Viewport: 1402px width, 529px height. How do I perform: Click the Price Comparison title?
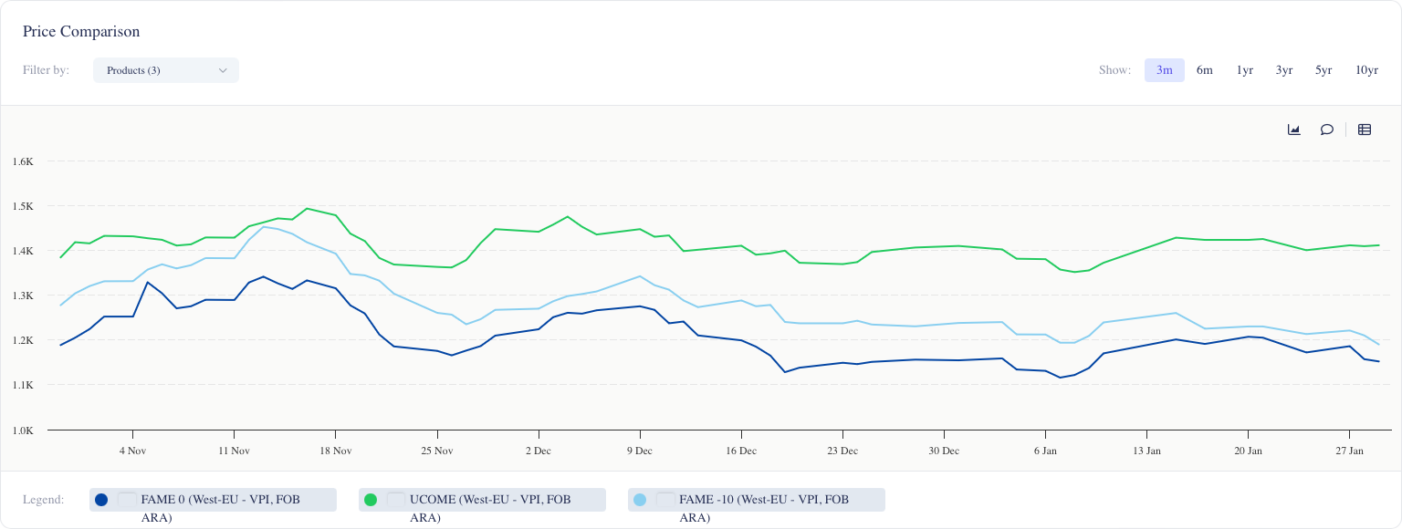point(81,32)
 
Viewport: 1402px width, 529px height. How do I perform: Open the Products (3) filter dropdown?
point(166,70)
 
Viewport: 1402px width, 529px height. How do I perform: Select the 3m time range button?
point(1164,70)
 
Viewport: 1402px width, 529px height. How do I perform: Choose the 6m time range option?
point(1205,70)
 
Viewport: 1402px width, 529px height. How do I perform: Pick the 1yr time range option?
point(1244,70)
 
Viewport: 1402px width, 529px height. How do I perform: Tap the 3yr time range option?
point(1284,70)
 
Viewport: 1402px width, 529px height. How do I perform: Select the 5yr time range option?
point(1324,70)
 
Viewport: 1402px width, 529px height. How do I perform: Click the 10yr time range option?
point(1366,70)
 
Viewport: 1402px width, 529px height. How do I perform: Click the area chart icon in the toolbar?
point(1293,130)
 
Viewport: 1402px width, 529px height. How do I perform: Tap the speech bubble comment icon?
point(1326,130)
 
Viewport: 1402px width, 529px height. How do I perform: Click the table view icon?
point(1365,130)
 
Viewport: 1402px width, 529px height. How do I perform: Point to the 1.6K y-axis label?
point(23,161)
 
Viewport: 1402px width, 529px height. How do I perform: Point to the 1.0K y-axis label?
point(23,430)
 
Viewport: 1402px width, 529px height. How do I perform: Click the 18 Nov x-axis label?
point(336,451)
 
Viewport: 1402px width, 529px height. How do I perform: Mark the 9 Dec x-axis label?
point(640,451)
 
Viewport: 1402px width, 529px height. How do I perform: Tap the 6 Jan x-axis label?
point(1045,451)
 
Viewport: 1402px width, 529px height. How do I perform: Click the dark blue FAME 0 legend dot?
point(101,500)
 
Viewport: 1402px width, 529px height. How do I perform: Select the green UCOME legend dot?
point(371,500)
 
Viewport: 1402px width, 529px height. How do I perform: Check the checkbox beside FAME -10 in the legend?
point(665,500)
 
